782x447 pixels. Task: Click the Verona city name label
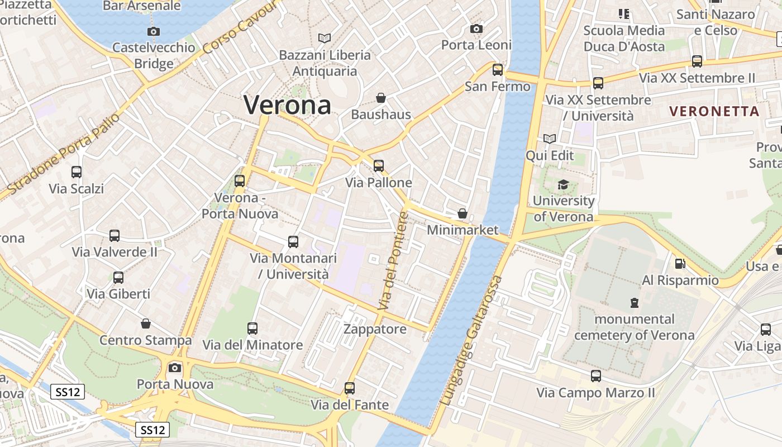point(287,105)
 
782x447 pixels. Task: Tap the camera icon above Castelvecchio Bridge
point(154,32)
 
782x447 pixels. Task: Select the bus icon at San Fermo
point(498,70)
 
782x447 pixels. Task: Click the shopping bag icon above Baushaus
point(381,98)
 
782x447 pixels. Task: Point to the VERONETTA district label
point(714,111)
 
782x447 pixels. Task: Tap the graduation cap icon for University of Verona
point(563,184)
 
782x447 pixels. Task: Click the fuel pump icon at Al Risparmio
point(680,263)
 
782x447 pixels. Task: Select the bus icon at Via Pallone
point(379,165)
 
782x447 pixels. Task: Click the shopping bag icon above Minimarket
point(462,213)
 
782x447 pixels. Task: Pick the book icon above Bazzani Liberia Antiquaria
point(325,39)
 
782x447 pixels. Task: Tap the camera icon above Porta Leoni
point(476,28)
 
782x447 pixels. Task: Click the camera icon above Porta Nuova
point(175,368)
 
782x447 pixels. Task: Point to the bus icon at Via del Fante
point(350,388)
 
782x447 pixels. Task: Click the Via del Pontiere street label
point(394,261)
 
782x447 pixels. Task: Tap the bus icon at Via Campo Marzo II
point(596,376)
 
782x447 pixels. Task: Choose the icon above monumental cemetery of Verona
point(635,303)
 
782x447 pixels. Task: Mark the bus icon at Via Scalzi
point(77,172)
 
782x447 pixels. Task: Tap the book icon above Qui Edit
point(550,139)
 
